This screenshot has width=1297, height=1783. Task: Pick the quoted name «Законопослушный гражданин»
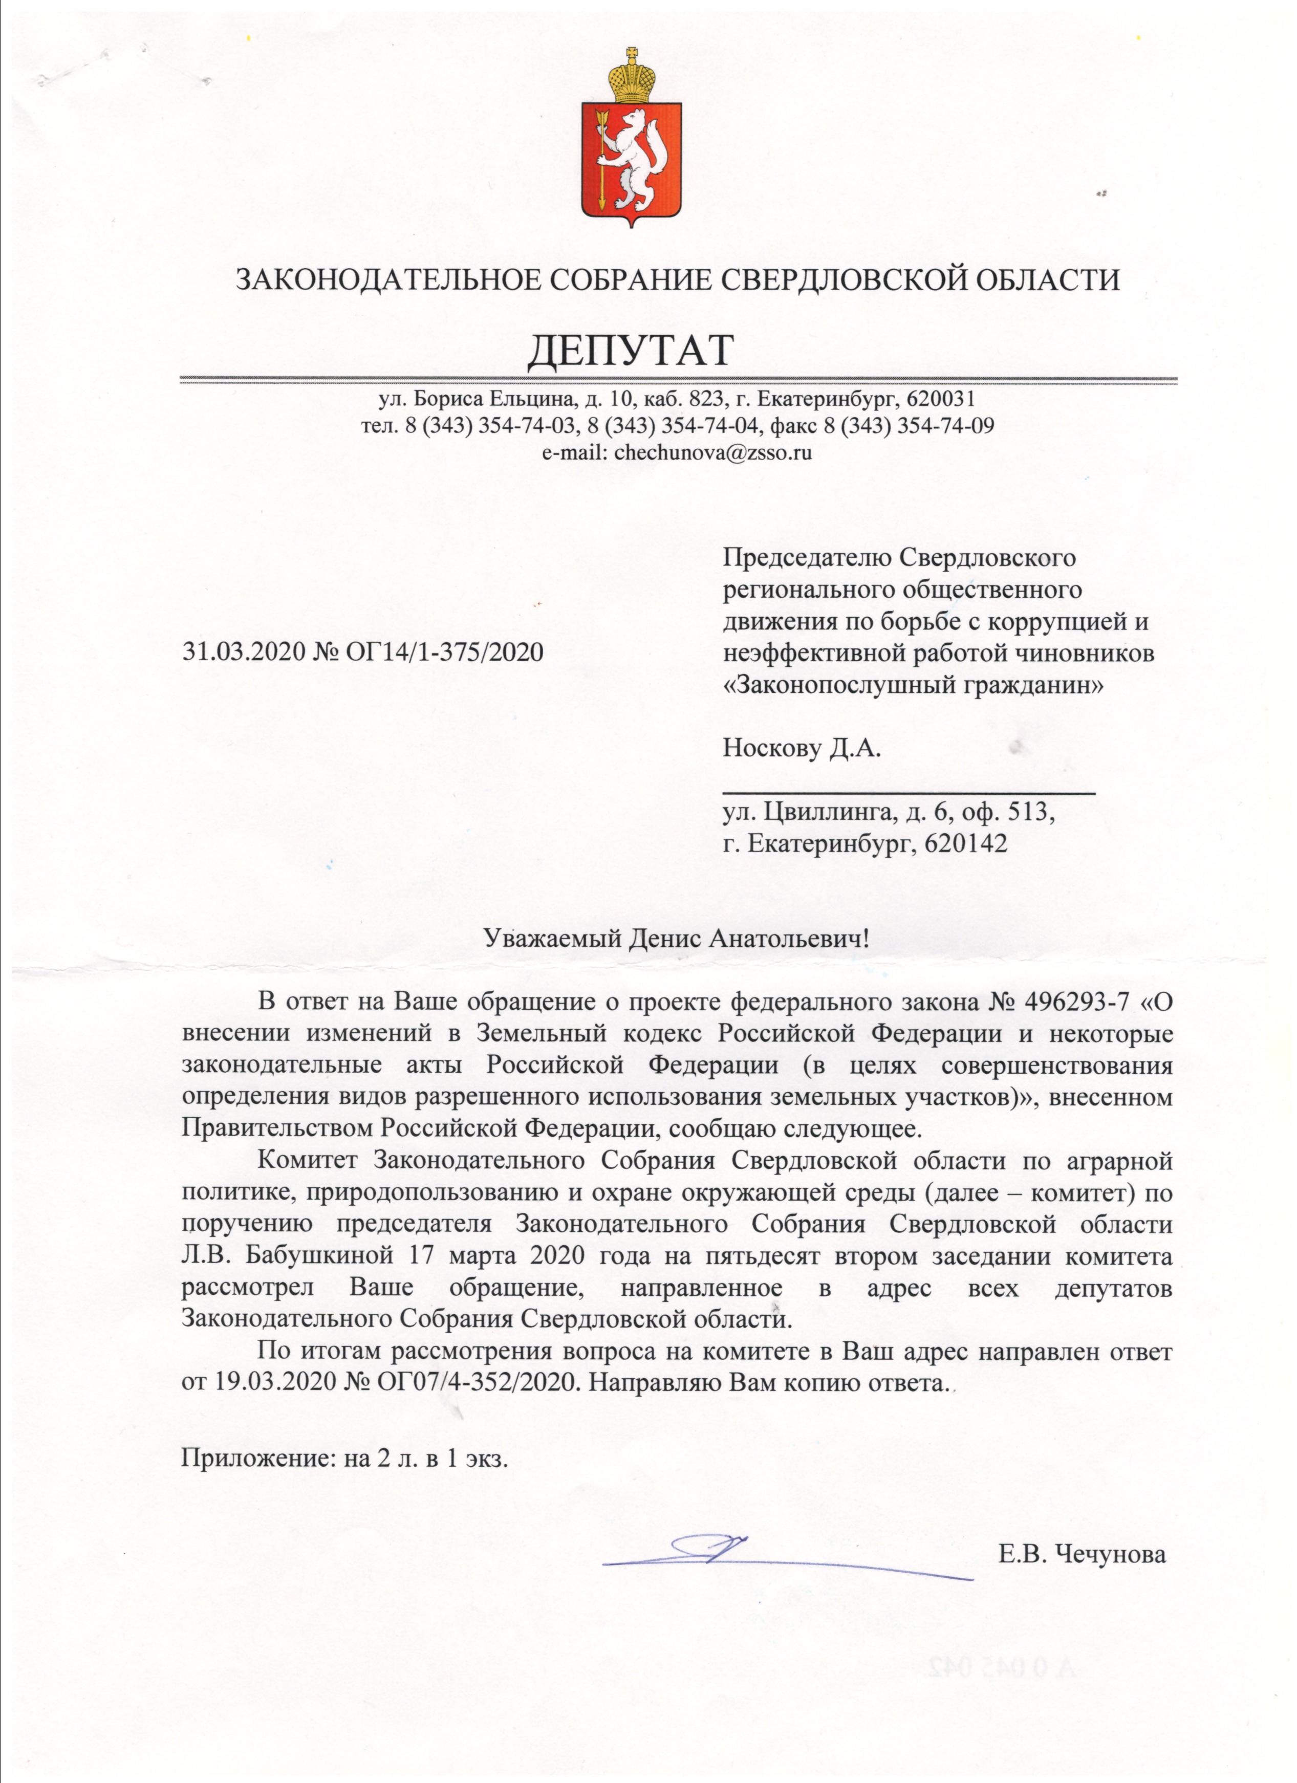coord(914,684)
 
